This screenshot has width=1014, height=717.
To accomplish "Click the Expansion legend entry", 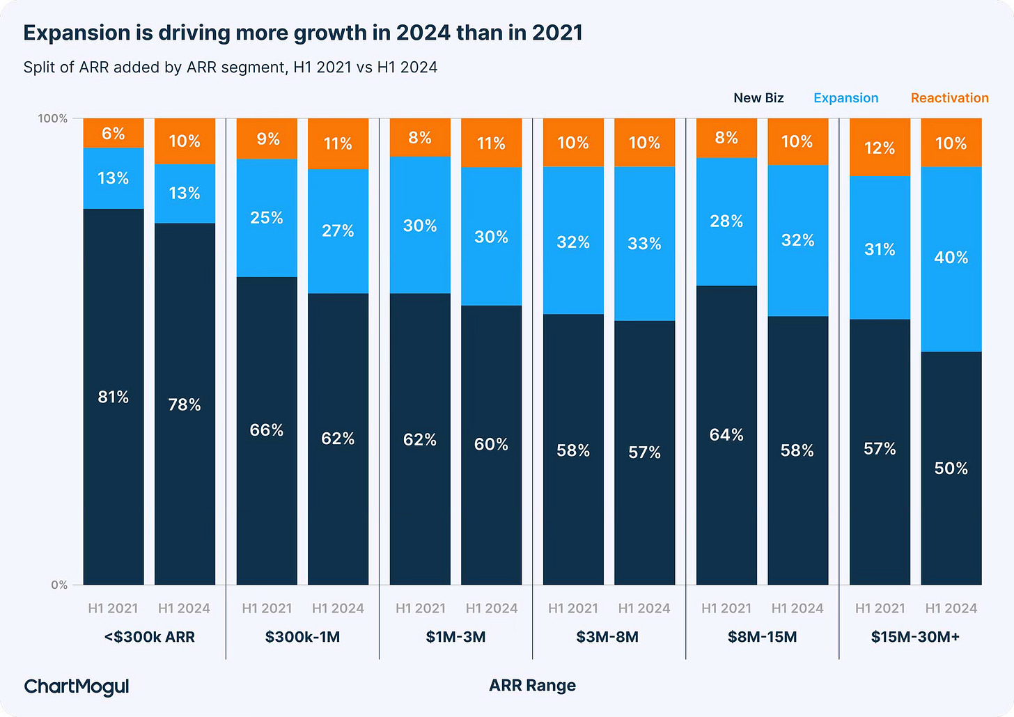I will pyautogui.click(x=845, y=98).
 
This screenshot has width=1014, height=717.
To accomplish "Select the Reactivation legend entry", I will pyautogui.click(x=949, y=98).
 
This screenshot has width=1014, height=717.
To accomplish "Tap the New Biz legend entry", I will pyautogui.click(x=758, y=98).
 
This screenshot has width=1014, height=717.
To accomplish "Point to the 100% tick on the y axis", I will pyautogui.click(x=53, y=118).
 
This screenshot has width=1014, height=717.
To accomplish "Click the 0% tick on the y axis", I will pyautogui.click(x=59, y=585).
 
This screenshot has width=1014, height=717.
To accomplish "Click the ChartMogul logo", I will pyautogui.click(x=77, y=686).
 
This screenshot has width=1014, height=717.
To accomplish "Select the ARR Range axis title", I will pyautogui.click(x=532, y=686).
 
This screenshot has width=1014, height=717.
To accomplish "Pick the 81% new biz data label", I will pyautogui.click(x=114, y=397).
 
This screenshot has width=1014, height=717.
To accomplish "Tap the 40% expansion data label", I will pyautogui.click(x=951, y=258).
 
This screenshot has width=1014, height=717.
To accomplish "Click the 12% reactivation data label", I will pyautogui.click(x=880, y=148).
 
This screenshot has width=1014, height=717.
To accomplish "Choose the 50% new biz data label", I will pyautogui.click(x=951, y=468).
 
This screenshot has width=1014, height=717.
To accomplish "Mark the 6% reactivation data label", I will pyautogui.click(x=114, y=134).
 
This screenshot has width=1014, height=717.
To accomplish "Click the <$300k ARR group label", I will pyautogui.click(x=149, y=637).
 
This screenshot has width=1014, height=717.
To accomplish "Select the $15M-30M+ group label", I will pyautogui.click(x=915, y=637).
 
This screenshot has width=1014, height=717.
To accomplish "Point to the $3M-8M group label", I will pyautogui.click(x=607, y=637).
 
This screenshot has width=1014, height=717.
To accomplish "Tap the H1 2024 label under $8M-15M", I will pyautogui.click(x=797, y=608).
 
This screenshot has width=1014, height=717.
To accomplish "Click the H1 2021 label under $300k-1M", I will pyautogui.click(x=267, y=608).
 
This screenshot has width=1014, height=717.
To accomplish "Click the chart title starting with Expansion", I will pyautogui.click(x=303, y=33).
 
